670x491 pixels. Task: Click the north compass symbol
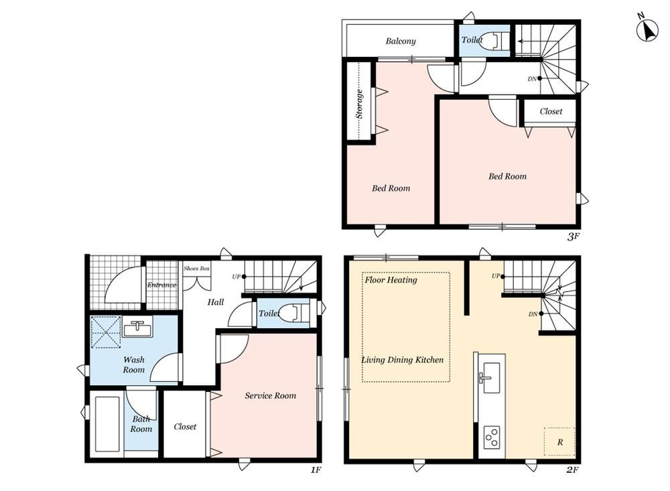(x=647, y=29)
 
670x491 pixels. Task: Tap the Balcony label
(x=401, y=41)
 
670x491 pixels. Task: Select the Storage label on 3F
(x=359, y=103)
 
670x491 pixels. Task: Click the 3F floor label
(x=573, y=236)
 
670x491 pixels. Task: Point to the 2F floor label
(x=572, y=470)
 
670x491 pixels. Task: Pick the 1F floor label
(x=316, y=470)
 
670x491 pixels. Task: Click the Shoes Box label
(x=196, y=269)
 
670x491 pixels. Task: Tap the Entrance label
(x=161, y=285)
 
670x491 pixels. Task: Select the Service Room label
(x=270, y=396)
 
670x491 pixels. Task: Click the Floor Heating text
(x=391, y=280)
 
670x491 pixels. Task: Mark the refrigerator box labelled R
(x=559, y=441)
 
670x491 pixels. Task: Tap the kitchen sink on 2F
(x=490, y=378)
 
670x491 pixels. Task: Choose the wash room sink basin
(x=137, y=326)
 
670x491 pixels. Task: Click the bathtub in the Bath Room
(x=107, y=424)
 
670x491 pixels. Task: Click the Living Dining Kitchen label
(x=403, y=360)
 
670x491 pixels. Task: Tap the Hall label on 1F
(x=215, y=302)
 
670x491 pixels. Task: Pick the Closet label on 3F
(x=551, y=112)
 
